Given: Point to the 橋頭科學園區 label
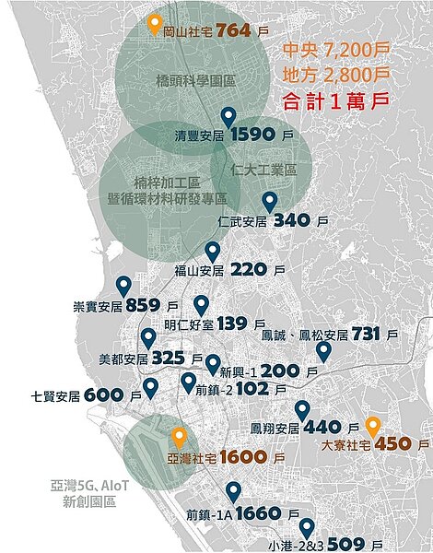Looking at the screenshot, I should [196, 81].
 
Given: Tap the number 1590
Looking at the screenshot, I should [253, 135].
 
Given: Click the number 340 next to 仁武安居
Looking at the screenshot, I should [292, 221].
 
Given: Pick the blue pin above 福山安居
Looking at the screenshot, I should [213, 252].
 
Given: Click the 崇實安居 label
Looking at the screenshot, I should [97, 306].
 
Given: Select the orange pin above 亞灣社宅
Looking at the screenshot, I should [179, 437].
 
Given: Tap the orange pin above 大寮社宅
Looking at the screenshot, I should [372, 427].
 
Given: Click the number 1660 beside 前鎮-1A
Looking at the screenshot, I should [264, 513].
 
